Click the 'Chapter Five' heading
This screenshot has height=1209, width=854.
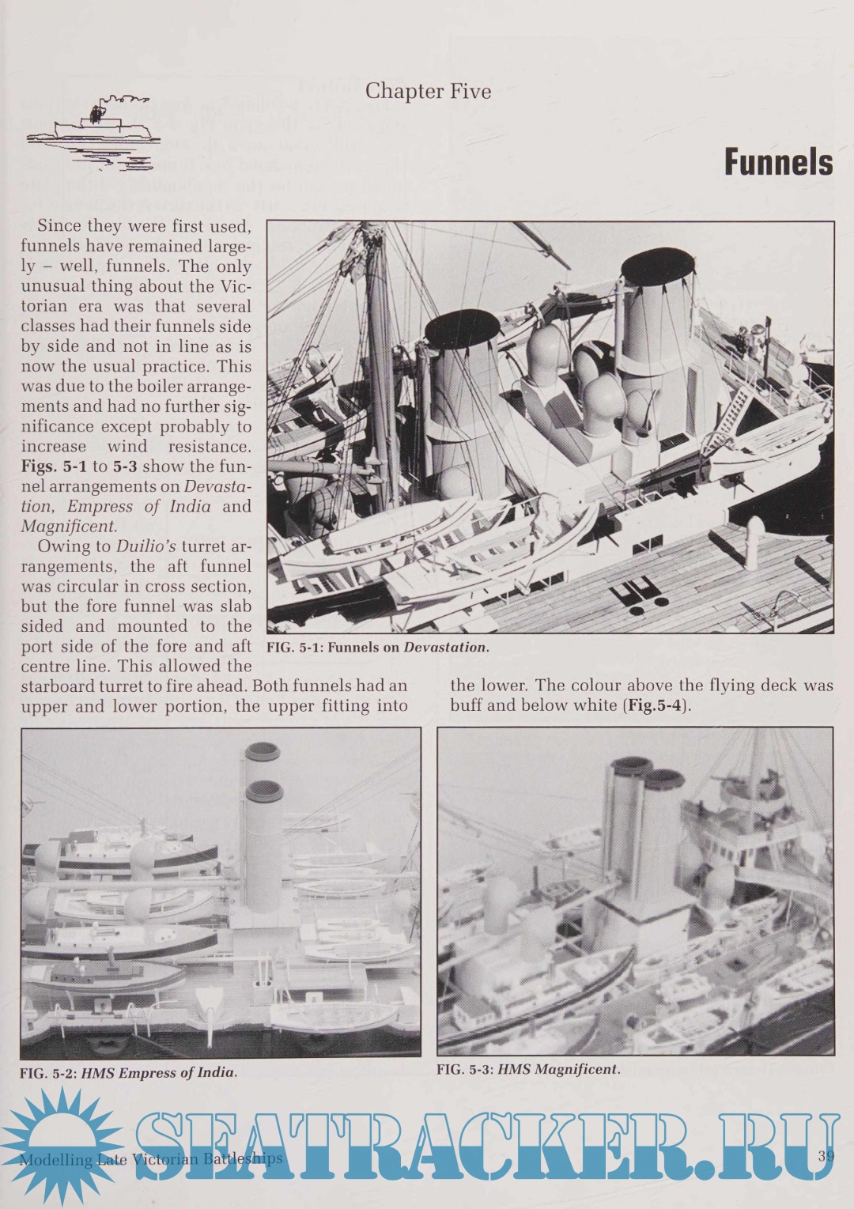(x=428, y=92)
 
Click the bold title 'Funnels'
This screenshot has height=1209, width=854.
(x=778, y=162)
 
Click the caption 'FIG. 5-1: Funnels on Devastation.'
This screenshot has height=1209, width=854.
(x=378, y=647)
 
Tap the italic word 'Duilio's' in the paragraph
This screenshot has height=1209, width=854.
(x=146, y=546)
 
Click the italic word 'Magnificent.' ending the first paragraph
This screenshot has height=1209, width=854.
(x=69, y=527)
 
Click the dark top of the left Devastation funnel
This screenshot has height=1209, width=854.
(x=463, y=329)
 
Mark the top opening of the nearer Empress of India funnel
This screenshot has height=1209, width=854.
(x=265, y=791)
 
